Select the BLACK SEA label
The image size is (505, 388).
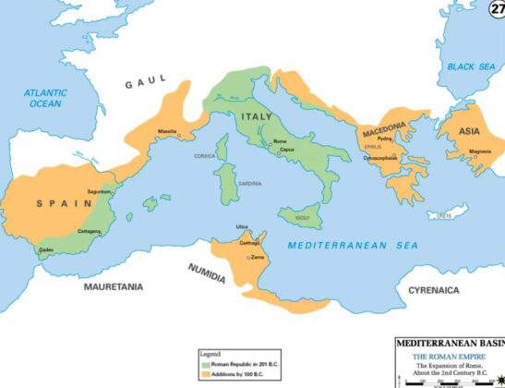click(x=472, y=67)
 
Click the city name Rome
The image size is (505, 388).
click(x=280, y=140)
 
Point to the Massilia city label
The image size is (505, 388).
click(x=167, y=131)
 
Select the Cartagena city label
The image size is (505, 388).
click(x=90, y=231)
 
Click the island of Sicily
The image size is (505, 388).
click(x=302, y=217)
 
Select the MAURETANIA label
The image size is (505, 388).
click(x=114, y=287)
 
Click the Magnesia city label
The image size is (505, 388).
click(x=480, y=151)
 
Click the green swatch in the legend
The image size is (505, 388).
click(x=206, y=361)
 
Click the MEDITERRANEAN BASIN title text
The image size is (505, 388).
click(x=451, y=343)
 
